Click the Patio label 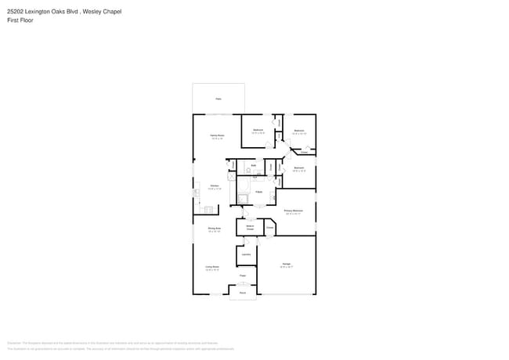[218, 99]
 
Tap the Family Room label [217, 136]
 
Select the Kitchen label [215, 185]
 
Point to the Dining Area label [214, 229]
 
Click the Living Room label [212, 267]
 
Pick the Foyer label [243, 275]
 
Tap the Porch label [243, 293]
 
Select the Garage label [287, 264]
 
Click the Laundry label [246, 254]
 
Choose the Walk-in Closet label [250, 227]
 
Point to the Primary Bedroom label [294, 211]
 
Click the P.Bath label [258, 191]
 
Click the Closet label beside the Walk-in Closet [269, 227]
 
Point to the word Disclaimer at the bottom [13, 343]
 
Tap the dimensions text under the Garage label [287, 267]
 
